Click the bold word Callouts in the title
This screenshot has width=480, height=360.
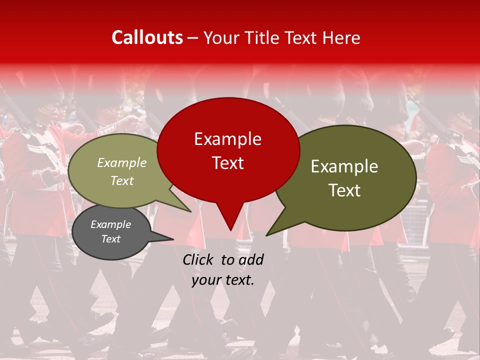pyautogui.click(x=147, y=37)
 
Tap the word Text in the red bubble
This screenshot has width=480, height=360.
pyautogui.click(x=227, y=163)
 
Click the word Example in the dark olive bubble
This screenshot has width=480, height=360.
pyautogui.click(x=344, y=166)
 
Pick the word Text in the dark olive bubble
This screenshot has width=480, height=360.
pyautogui.click(x=344, y=190)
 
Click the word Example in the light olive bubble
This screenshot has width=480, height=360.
pyautogui.click(x=121, y=162)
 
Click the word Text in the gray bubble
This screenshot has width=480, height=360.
pyautogui.click(x=110, y=239)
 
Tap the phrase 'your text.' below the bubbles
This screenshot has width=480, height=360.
pyautogui.click(x=222, y=280)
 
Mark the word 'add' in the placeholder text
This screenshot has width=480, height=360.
pyautogui.click(x=251, y=259)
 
